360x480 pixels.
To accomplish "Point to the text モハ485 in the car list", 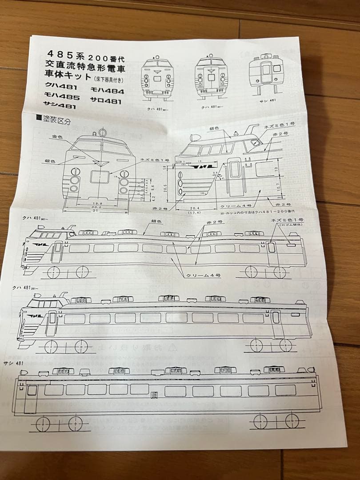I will (x=61, y=96).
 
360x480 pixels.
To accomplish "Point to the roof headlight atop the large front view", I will (x=102, y=132).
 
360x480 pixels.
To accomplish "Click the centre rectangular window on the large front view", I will (x=99, y=176).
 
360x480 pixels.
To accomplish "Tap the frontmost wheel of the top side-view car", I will (x=54, y=272).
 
